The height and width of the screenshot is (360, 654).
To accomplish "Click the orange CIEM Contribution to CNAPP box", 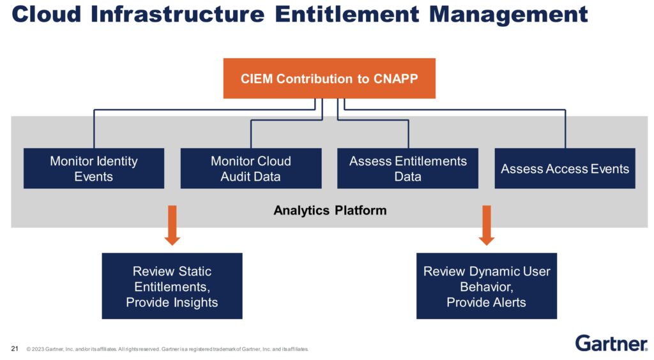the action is point(330,79).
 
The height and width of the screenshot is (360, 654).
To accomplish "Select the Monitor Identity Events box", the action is point(94,169).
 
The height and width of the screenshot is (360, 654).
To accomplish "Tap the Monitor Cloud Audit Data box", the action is point(251,169).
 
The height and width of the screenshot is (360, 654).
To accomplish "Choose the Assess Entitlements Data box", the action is point(408,169).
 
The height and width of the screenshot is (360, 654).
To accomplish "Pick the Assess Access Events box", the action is point(565,169).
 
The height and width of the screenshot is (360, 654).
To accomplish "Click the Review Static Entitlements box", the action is point(172,286).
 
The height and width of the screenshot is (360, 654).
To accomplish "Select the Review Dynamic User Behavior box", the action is point(487,286).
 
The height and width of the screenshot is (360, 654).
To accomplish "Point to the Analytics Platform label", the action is point(330,211).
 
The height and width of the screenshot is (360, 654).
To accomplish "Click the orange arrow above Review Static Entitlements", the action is point(172,225).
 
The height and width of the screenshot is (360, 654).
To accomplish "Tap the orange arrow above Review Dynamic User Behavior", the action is point(487,225).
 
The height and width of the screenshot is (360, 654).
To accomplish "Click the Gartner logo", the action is point(611,343).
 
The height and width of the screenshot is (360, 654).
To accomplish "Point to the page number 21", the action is point(15,349).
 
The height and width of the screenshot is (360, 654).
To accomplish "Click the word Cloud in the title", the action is point(46,14).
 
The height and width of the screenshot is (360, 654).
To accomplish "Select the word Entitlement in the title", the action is point(347,14).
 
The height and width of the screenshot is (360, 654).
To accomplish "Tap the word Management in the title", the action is point(508,15).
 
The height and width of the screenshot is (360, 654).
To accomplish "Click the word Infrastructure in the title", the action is point(178,14).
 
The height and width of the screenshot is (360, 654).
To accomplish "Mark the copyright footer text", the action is point(167,349).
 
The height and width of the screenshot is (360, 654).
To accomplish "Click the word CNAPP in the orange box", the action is point(395,79).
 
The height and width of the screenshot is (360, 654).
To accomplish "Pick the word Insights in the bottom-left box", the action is point(195,303).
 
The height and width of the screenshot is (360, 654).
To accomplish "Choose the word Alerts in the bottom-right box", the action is point(506,302).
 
